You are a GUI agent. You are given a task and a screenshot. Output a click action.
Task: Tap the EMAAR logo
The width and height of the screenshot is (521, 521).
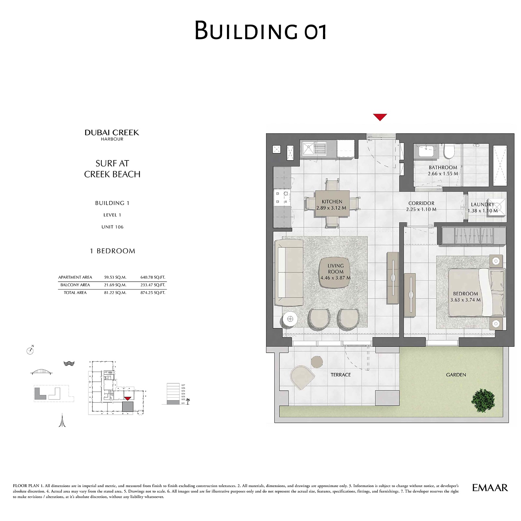490,487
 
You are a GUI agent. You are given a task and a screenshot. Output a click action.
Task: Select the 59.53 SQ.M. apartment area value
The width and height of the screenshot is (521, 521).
115,277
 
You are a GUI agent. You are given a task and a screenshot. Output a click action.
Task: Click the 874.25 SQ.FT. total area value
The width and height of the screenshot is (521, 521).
153,293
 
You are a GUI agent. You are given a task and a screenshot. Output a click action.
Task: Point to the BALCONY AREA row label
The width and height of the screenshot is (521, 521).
75,285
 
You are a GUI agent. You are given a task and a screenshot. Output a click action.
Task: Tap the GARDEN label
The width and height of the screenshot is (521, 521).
456,375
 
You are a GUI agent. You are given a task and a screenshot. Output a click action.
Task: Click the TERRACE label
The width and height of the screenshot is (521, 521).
341,375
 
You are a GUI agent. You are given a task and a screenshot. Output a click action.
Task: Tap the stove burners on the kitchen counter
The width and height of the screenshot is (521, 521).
282,198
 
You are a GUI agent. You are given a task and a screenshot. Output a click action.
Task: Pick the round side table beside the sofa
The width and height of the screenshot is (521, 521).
290,319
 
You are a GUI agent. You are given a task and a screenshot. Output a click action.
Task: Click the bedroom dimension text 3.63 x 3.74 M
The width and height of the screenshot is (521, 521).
465,300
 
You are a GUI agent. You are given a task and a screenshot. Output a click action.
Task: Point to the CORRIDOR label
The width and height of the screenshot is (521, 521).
421,203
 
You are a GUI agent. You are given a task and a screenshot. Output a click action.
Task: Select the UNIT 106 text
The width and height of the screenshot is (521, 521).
112,227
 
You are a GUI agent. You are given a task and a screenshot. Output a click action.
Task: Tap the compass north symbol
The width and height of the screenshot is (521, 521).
30,350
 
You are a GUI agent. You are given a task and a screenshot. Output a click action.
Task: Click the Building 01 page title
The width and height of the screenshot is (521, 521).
260,31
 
